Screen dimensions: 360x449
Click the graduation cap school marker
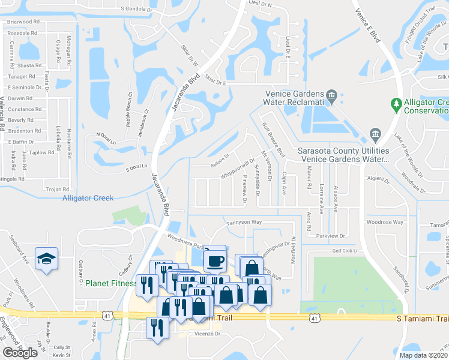pos(46,258)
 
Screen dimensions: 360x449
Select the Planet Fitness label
pos(110,283)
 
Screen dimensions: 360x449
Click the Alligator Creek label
pos(88,198)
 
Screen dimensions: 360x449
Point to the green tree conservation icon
pos(396,104)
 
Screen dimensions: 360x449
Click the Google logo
pos(20,352)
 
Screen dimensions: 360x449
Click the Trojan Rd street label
pos(58,189)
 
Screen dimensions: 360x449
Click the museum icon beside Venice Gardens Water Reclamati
pos(331,94)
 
